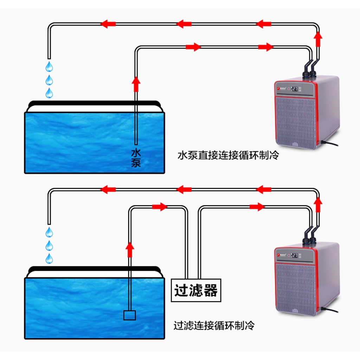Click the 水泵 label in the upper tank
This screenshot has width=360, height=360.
pos(136,158)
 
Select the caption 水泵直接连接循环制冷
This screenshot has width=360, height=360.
pos(228,155)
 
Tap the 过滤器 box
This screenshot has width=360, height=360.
pos(196,290)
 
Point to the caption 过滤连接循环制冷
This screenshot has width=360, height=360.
pos(214,325)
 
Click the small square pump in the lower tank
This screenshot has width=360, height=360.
pos(129,315)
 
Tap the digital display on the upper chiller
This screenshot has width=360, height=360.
pos(295,89)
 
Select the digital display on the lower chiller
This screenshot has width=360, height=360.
pos(295,255)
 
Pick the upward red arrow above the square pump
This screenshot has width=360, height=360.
pos(130,249)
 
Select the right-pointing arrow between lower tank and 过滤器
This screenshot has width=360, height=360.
pos(160,207)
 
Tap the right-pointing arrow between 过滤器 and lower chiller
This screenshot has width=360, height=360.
pos(257,207)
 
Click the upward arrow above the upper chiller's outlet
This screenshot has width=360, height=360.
pos(318,39)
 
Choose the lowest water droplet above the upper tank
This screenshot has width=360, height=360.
pos(50,93)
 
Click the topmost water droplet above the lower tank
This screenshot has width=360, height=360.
pos(50,232)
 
